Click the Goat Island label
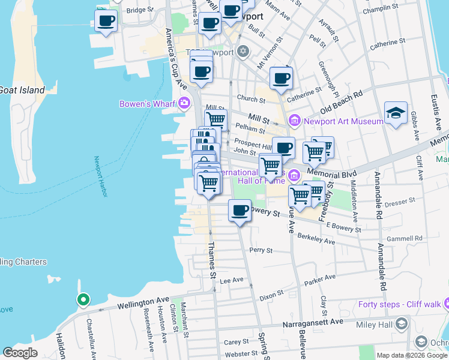(x=22, y=90)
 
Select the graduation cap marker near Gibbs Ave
(x=396, y=113)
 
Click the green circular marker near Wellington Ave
(x=83, y=299)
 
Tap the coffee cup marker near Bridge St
(x=106, y=21)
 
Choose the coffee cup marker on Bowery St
(x=240, y=211)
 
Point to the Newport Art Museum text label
(x=343, y=121)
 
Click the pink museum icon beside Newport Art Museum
(x=295, y=121)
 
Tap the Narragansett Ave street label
(x=313, y=322)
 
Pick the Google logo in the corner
(x=20, y=353)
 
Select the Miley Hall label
(x=377, y=325)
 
